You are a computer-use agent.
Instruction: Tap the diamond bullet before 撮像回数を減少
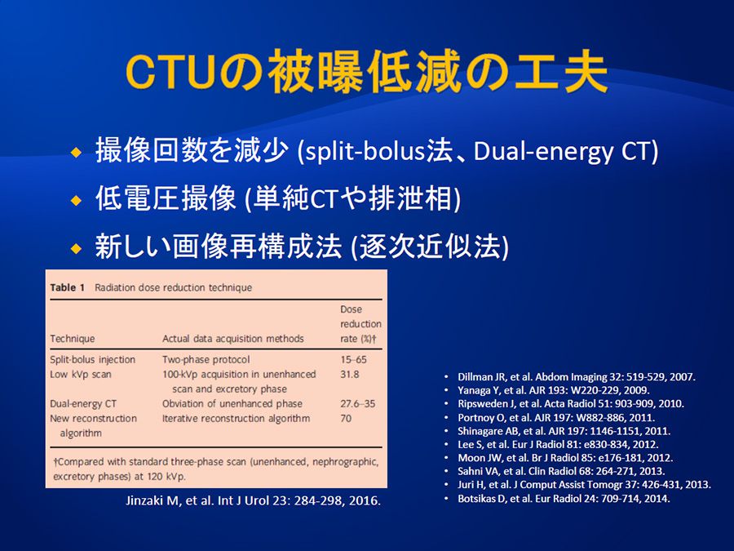click(77, 153)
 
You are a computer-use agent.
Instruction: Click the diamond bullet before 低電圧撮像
click(77, 201)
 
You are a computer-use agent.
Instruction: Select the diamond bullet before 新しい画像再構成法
click(77, 248)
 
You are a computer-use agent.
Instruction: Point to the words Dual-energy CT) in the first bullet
click(566, 151)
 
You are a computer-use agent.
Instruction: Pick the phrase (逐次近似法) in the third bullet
click(430, 247)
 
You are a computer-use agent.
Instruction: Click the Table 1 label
click(68, 287)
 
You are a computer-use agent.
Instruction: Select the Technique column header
click(73, 338)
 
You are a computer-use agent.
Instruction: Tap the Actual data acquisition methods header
click(232, 338)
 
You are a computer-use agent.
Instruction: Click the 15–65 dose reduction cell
click(353, 359)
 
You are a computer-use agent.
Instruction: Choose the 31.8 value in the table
click(350, 375)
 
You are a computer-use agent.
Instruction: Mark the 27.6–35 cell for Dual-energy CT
click(358, 403)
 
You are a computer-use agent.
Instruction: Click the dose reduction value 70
click(346, 418)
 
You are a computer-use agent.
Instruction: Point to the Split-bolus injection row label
click(93, 359)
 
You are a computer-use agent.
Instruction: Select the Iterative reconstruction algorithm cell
click(236, 418)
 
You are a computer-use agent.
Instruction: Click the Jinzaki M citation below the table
click(254, 500)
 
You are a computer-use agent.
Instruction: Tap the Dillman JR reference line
click(577, 376)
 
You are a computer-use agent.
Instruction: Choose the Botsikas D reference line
click(564, 498)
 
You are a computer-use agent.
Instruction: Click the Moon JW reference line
click(565, 458)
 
